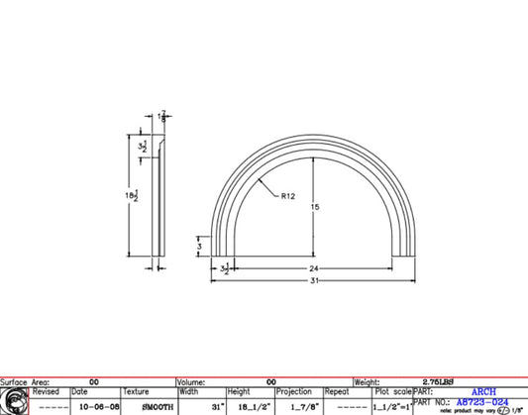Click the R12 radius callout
(x=288, y=196)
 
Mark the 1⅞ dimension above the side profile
(x=162, y=118)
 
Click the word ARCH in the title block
(x=483, y=391)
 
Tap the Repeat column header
(x=337, y=392)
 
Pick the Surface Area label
(x=29, y=380)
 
